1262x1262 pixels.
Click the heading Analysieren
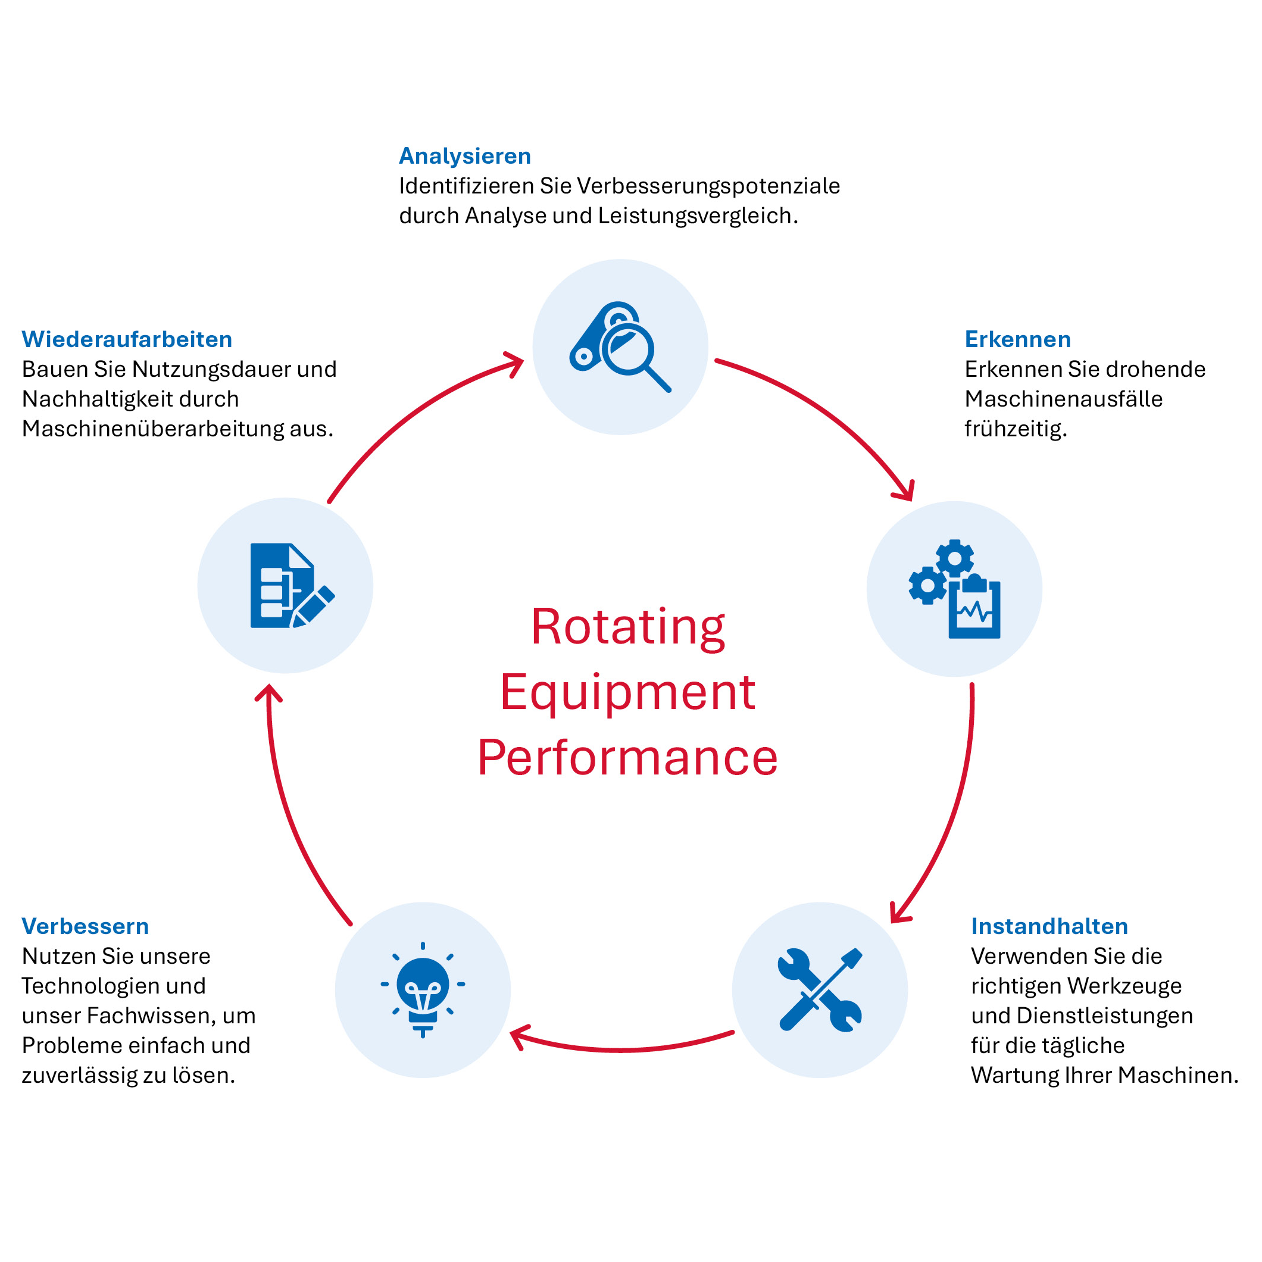pos(464,156)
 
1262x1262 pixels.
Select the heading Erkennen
pos(1017,339)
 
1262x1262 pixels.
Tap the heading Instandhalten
pos(1049,926)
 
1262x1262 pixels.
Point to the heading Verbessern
pos(85,926)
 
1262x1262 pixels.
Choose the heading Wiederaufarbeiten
pos(127,339)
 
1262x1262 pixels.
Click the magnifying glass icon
pos(620,347)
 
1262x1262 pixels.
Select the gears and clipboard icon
pos(954,589)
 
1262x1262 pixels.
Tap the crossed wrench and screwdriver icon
pos(820,989)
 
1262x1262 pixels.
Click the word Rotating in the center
pos(628,626)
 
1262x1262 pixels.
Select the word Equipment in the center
pos(628,692)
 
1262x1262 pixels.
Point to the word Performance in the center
pos(628,758)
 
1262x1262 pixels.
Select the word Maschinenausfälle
pos(1063,398)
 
